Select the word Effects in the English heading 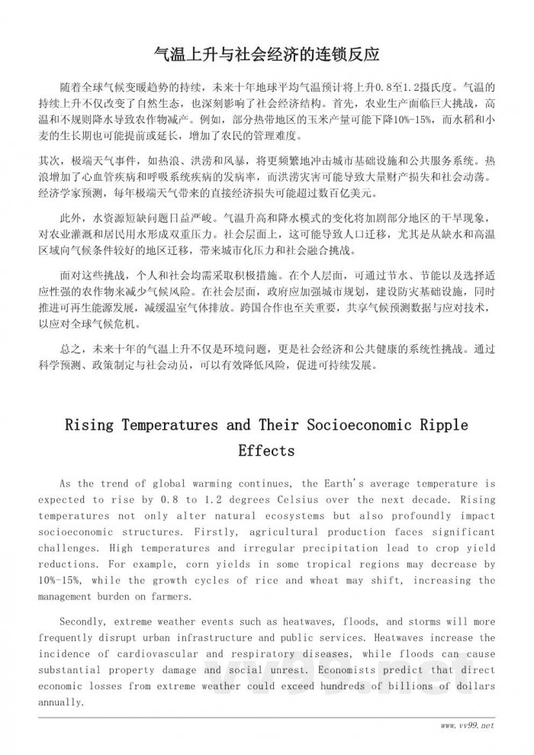(x=266, y=450)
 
